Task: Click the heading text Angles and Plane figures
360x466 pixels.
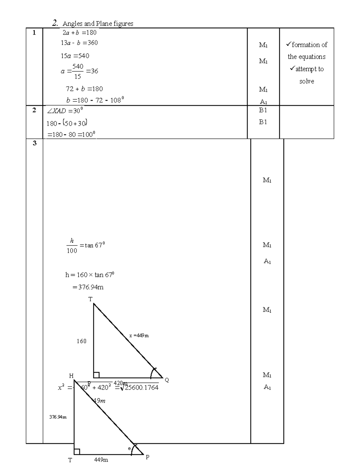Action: click(98, 24)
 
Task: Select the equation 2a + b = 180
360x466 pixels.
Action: click(79, 32)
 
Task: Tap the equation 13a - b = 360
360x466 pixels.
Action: click(79, 43)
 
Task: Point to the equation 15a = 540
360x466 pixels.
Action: click(75, 56)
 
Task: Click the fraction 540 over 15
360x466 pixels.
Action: click(78, 71)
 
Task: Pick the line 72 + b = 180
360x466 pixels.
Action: click(84, 89)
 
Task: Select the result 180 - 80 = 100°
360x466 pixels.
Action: click(71, 134)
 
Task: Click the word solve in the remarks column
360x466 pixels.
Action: click(307, 81)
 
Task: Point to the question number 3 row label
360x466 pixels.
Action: click(34, 143)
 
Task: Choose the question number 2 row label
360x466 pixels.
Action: click(34, 110)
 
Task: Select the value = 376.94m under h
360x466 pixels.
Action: click(88, 287)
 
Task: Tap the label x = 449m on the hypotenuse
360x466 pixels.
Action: click(139, 336)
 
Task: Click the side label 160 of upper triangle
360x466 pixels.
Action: click(81, 341)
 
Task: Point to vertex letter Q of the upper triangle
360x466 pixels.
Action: click(167, 380)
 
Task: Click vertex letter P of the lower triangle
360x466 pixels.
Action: click(147, 457)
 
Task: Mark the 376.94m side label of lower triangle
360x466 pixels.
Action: click(58, 417)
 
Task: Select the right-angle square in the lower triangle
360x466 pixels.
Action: click(77, 452)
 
